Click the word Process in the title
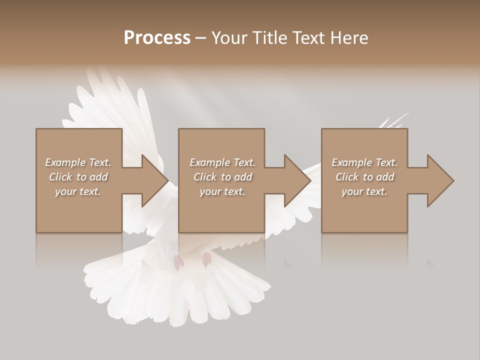(157, 37)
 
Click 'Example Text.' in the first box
(78, 162)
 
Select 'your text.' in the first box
(78, 191)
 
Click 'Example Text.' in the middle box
(222, 162)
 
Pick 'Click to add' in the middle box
(222, 177)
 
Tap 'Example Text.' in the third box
(364, 162)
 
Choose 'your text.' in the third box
(364, 191)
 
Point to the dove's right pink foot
(206, 259)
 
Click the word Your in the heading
(229, 38)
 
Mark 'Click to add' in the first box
(78, 177)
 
